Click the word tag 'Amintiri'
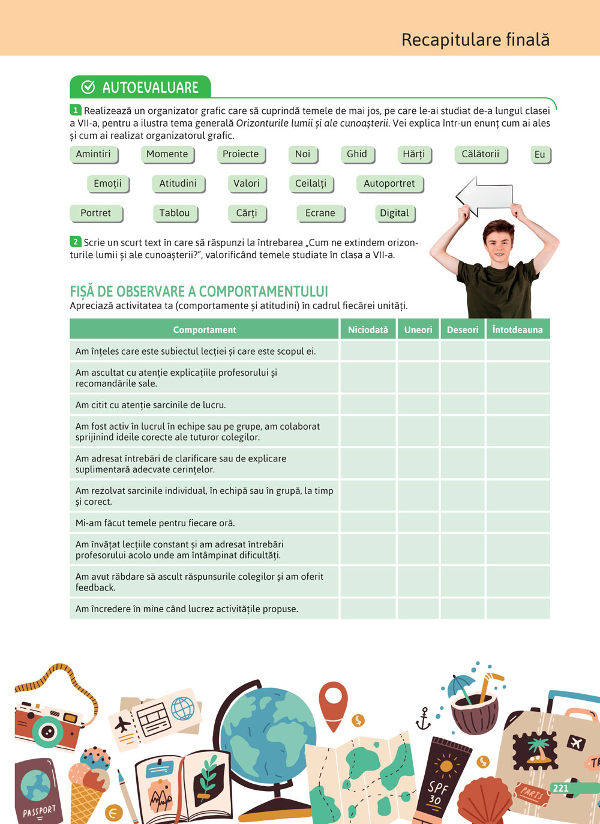94,154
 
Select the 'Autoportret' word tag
389,184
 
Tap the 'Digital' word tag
394,213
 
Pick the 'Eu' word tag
540,155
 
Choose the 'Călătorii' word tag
481,154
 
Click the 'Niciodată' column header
368,329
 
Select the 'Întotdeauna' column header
517,329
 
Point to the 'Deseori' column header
463,329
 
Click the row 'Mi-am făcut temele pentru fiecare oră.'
204,523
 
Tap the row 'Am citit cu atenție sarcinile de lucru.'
204,405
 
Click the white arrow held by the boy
485,196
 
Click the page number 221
560,788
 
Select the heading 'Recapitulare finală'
475,40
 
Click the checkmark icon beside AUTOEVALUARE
88,88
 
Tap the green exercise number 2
76,242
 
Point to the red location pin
334,703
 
